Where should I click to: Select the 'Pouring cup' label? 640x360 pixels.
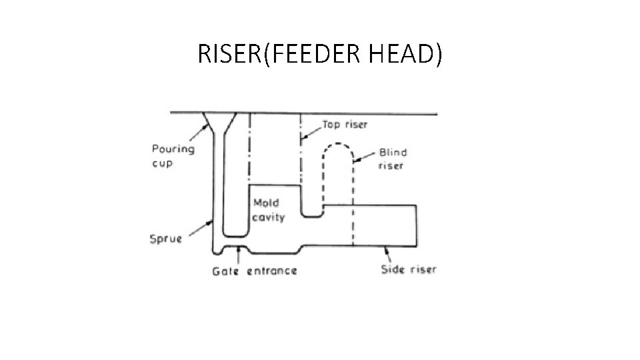tap(173, 156)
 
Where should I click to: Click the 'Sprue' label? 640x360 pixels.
tap(165, 239)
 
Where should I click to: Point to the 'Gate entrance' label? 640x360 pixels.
tap(254, 271)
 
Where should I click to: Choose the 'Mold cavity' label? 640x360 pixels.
tap(268, 210)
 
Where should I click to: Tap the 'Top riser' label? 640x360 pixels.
tap(345, 124)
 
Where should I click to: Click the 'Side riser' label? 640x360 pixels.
tap(408, 269)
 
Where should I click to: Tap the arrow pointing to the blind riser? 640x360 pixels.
tap(365, 157)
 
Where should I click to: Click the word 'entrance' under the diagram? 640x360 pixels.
tap(273, 271)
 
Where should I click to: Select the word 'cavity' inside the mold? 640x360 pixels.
tap(268, 217)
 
